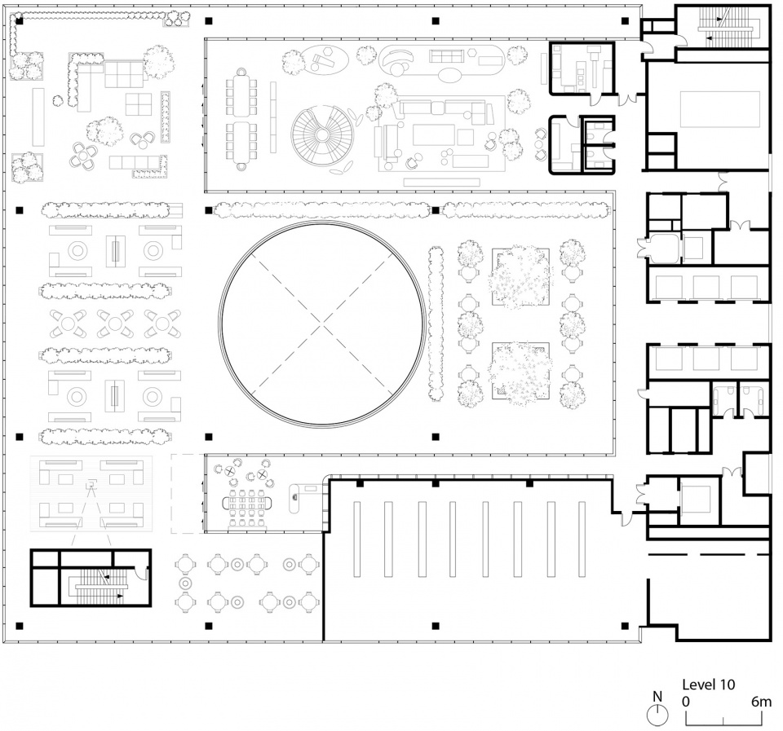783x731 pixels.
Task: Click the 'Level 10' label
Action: click(x=709, y=684)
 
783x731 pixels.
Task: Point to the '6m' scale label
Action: click(x=761, y=702)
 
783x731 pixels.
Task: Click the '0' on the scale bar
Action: click(x=686, y=702)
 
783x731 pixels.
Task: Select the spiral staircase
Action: click(x=322, y=134)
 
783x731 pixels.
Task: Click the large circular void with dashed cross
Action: click(x=322, y=324)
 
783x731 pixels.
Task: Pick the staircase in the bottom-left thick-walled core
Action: click(x=99, y=584)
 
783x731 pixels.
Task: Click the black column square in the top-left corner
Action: click(x=20, y=21)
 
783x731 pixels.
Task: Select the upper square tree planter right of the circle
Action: click(x=521, y=276)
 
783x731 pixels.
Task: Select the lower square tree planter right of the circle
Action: click(x=521, y=371)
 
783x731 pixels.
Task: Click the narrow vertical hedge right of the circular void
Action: click(x=436, y=324)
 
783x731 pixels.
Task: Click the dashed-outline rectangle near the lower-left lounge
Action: click(x=188, y=493)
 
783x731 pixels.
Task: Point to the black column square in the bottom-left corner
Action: click(x=20, y=625)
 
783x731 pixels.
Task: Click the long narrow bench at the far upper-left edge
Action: click(x=38, y=117)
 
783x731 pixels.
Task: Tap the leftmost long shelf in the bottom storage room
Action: click(x=356, y=539)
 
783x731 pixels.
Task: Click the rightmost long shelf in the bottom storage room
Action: click(x=582, y=539)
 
